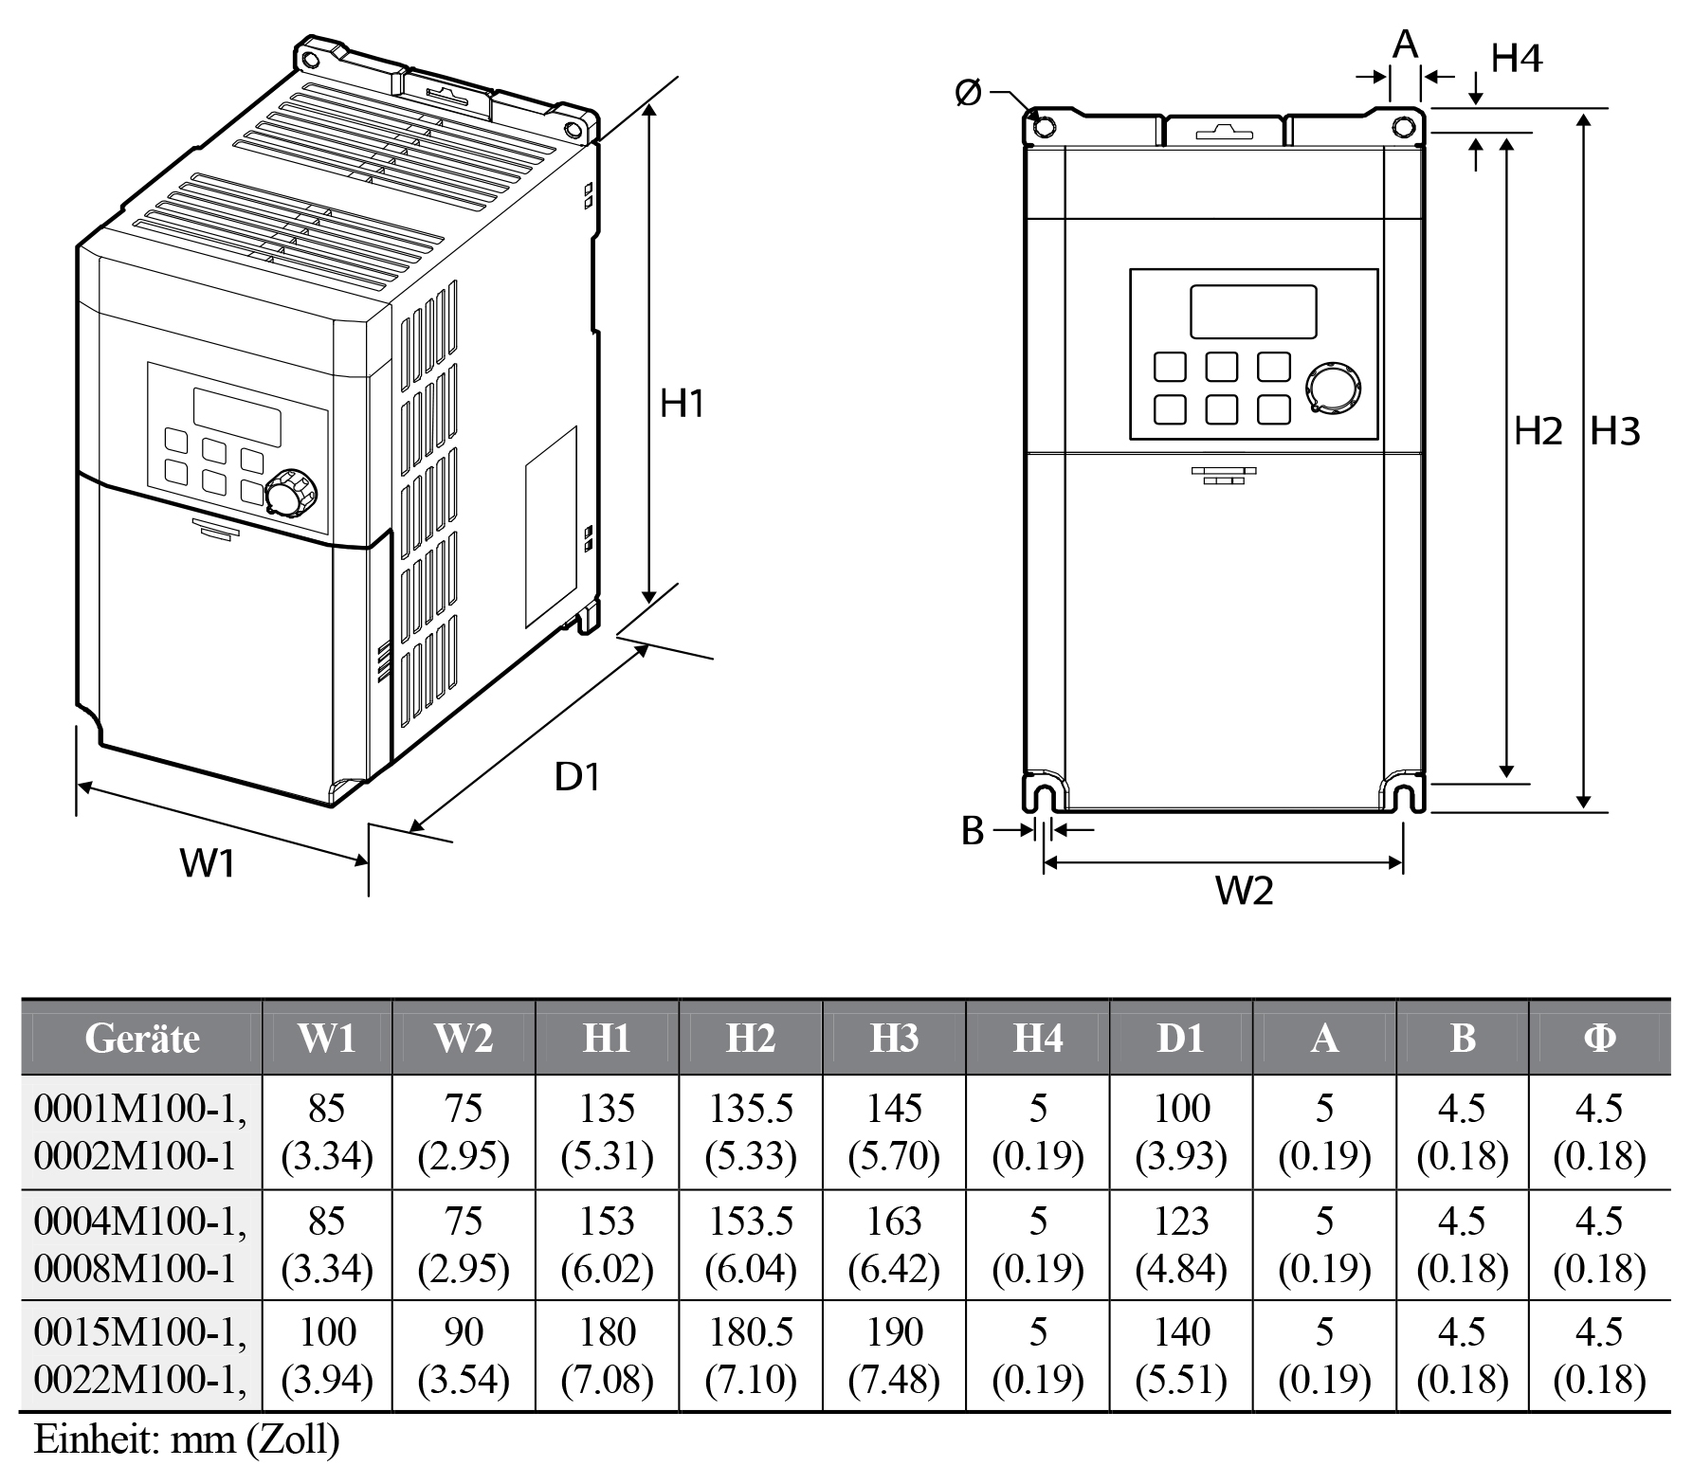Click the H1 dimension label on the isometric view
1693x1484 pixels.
683,405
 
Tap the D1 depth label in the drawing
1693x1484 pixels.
577,777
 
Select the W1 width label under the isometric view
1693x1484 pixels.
208,863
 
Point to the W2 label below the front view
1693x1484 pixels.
1245,890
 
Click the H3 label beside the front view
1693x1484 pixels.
1614,432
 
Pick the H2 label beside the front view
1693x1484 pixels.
1537,432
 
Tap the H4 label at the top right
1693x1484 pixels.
1517,59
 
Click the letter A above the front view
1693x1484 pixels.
1406,44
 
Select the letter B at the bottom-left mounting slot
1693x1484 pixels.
973,831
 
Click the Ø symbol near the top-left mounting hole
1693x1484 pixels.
968,93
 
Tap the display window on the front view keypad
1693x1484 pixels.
1253,312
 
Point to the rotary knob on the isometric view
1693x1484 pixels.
287,494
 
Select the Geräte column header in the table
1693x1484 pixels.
142,1039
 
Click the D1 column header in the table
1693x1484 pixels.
1180,1039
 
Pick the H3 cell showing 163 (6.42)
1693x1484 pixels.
894,1244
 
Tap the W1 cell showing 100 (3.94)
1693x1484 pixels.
327,1356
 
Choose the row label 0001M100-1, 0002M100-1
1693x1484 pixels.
141,1132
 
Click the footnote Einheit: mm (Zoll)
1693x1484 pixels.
186,1439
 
